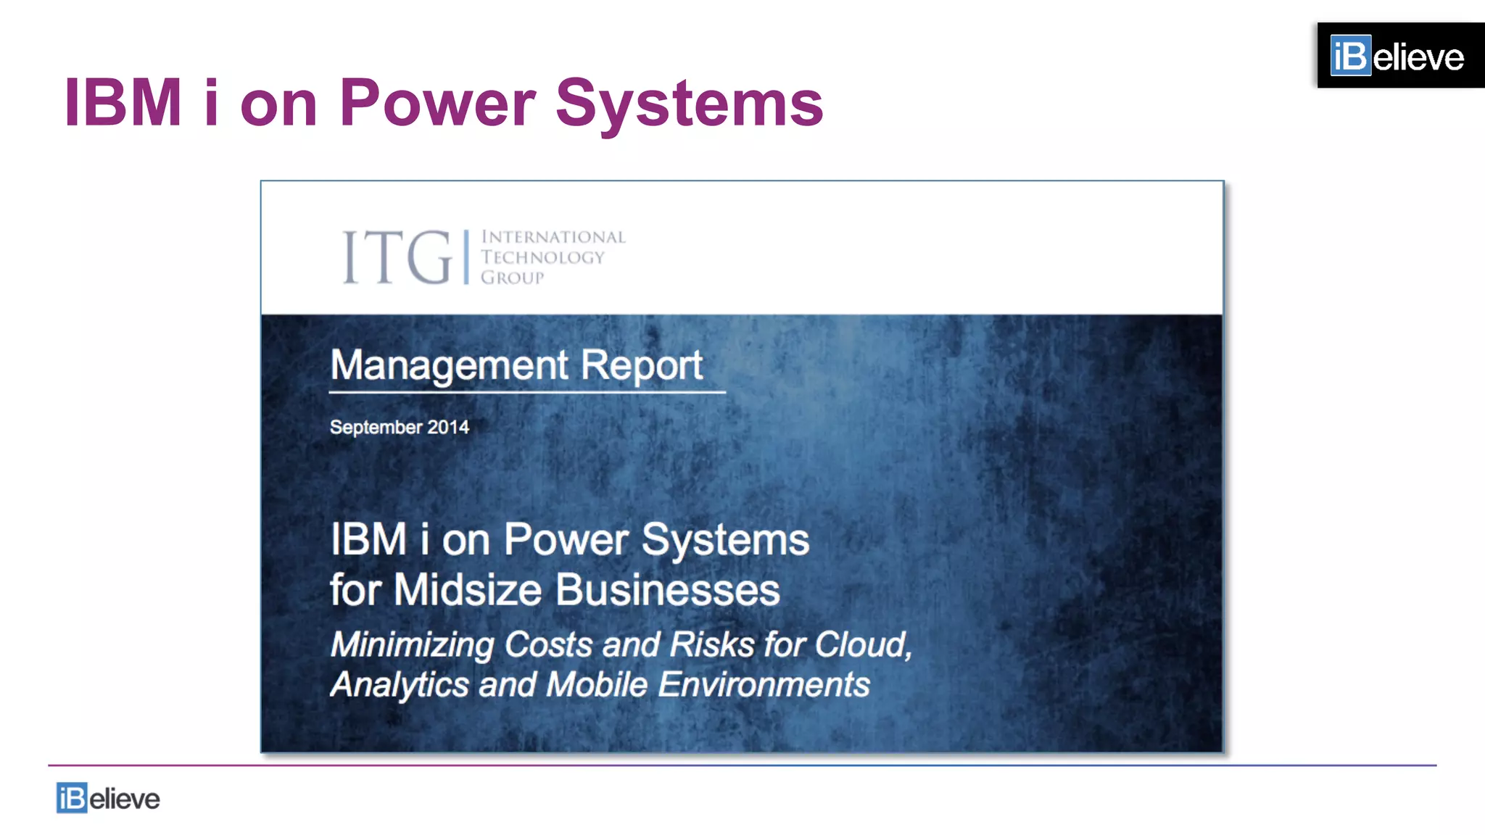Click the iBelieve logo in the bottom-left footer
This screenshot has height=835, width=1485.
tap(108, 798)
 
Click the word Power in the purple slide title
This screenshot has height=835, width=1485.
tap(437, 103)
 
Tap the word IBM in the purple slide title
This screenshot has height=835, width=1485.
tap(123, 103)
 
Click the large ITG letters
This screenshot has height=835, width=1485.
tap(397, 257)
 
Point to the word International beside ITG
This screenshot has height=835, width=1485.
tap(553, 237)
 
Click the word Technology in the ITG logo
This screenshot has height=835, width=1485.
tap(542, 257)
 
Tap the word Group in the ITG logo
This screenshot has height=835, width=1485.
tap(512, 278)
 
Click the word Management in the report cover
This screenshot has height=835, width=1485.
tap(450, 365)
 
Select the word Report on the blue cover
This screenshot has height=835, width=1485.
tap(641, 365)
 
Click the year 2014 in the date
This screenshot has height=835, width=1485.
tap(448, 427)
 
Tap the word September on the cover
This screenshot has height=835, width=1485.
tap(376, 427)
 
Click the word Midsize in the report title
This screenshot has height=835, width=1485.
tap(468, 589)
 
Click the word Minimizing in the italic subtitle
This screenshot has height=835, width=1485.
tap(412, 644)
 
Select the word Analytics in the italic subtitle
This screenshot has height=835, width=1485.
tap(400, 684)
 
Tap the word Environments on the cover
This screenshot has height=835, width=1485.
tap(764, 684)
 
